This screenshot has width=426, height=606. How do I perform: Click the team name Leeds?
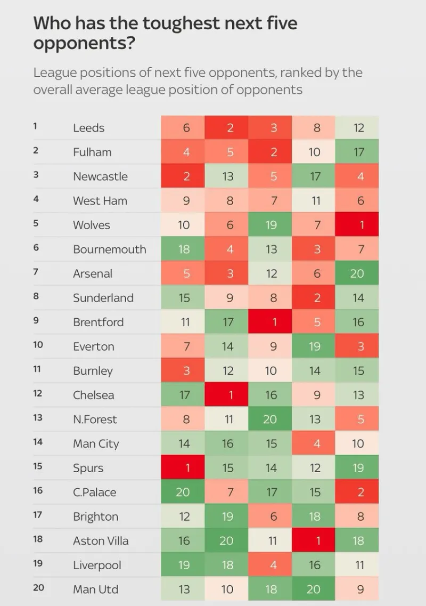(88, 128)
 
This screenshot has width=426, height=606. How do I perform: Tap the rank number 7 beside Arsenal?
(36, 272)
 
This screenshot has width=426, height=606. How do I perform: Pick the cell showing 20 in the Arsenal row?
(357, 273)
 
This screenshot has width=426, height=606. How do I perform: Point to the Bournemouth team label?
(109, 249)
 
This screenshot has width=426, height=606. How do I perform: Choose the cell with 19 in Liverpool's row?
(183, 565)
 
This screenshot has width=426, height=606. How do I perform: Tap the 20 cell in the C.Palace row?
(183, 492)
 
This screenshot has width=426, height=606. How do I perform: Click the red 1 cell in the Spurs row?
(183, 467)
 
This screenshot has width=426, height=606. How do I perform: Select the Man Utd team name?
(96, 589)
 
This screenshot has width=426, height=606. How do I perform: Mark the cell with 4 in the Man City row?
(314, 443)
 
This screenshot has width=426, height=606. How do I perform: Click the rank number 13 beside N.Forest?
(37, 418)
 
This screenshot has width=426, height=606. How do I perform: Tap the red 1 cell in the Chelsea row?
(227, 395)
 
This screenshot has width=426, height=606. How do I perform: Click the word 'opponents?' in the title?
(83, 44)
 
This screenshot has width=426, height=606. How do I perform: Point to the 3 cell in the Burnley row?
(183, 370)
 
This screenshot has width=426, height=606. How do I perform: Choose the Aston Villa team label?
(101, 541)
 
